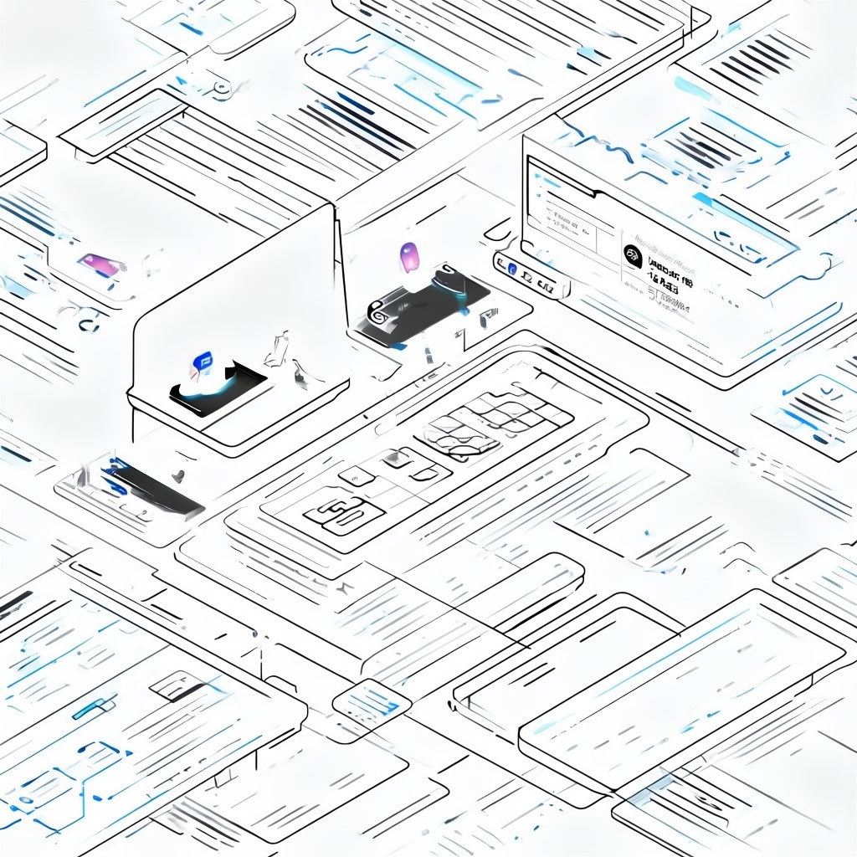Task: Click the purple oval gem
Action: pyautogui.click(x=409, y=256)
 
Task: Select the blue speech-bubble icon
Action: pyautogui.click(x=202, y=362)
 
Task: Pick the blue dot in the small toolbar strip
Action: pyautogui.click(x=512, y=268)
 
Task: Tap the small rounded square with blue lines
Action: pyautogui.click(x=371, y=700)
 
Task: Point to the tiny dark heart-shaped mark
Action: pyautogui.click(x=177, y=476)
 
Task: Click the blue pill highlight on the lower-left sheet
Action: pyautogui.click(x=93, y=708)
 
